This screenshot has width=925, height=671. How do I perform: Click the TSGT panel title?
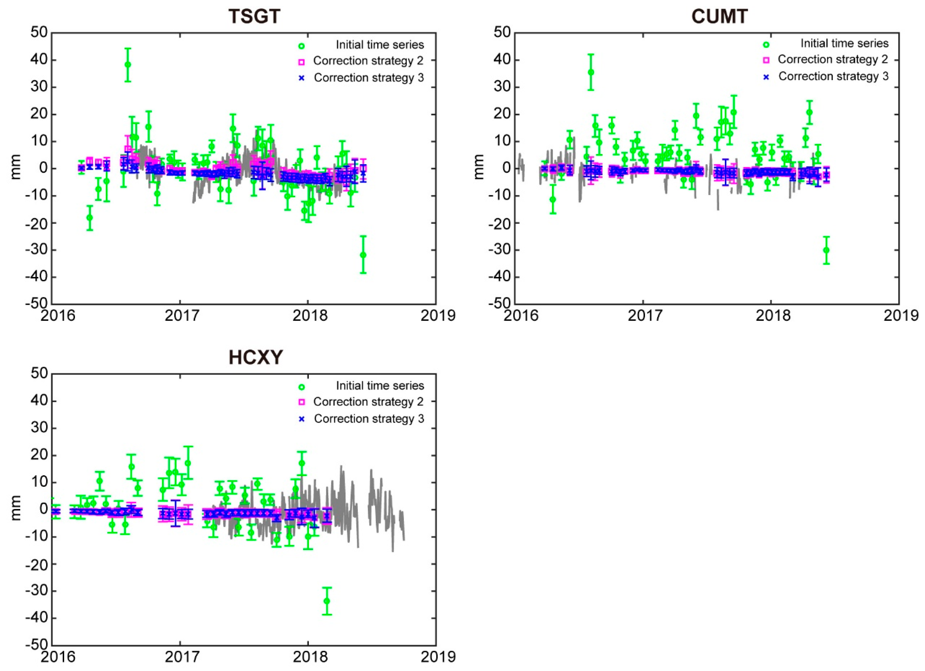pos(255,17)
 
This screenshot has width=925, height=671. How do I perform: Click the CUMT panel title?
pos(719,17)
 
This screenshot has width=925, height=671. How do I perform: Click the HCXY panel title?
pos(255,358)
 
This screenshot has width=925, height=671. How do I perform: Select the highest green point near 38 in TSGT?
pos(128,65)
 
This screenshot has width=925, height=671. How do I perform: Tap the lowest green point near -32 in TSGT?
pos(363,255)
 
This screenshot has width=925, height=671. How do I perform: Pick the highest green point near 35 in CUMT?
pos(591,72)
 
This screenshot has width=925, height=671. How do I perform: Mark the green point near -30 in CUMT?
pos(826,250)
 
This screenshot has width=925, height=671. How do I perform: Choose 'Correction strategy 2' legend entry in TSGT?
pos(368,61)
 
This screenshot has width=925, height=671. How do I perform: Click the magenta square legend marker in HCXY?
pos(302,402)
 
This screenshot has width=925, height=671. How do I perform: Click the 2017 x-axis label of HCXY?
pos(180,657)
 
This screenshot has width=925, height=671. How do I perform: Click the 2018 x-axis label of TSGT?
pos(308,316)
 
